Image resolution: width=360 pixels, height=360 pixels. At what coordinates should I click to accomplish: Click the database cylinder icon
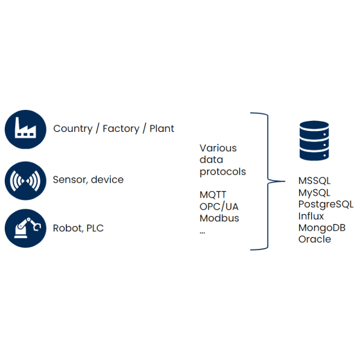[314, 140]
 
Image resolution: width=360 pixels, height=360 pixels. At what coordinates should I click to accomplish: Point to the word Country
[73, 129]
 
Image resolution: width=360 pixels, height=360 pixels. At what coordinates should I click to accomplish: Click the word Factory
[121, 129]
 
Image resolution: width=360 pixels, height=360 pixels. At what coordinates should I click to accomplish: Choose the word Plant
[162, 129]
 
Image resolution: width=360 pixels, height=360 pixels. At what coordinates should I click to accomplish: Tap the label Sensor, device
[88, 180]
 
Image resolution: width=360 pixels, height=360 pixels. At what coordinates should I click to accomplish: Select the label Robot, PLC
[78, 229]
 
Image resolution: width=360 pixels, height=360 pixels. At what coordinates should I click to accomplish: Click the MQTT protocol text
[213, 195]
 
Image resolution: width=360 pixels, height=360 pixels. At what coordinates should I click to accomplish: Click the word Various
[218, 148]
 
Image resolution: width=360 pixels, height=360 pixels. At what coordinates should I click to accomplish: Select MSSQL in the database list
[314, 181]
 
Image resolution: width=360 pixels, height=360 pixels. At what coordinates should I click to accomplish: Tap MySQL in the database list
[314, 193]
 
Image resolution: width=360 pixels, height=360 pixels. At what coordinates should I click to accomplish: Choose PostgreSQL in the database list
[325, 205]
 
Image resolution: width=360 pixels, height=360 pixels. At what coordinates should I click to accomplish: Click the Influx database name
[311, 216]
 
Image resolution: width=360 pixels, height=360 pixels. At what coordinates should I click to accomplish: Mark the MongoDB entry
[322, 228]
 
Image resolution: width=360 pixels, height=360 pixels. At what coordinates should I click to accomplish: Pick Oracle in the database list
[314, 239]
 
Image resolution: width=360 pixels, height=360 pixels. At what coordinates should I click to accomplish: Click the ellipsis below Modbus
[203, 231]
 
